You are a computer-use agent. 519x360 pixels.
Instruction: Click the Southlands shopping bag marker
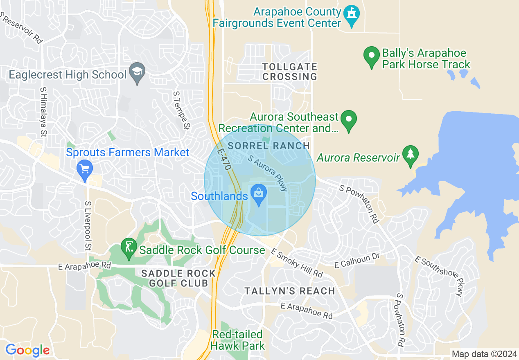[259, 191]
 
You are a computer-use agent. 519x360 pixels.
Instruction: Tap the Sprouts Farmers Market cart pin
[85, 168]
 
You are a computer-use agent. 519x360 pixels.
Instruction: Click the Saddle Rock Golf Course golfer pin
[129, 247]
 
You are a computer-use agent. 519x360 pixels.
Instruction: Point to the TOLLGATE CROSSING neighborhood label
[290, 72]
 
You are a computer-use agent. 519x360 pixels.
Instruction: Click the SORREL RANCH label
[269, 146]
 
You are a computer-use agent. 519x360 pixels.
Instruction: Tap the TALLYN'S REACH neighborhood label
[290, 291]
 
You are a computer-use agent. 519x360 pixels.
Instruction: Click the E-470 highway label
[225, 159]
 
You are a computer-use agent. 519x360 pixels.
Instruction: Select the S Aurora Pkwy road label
[268, 172]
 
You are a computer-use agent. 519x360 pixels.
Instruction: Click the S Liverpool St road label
[88, 226]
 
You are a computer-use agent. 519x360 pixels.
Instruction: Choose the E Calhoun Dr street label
[357, 261]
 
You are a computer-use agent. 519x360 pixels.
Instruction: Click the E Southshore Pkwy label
[440, 277]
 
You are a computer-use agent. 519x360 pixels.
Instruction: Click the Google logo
[27, 350]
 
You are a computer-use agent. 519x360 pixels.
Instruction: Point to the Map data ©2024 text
[483, 354]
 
